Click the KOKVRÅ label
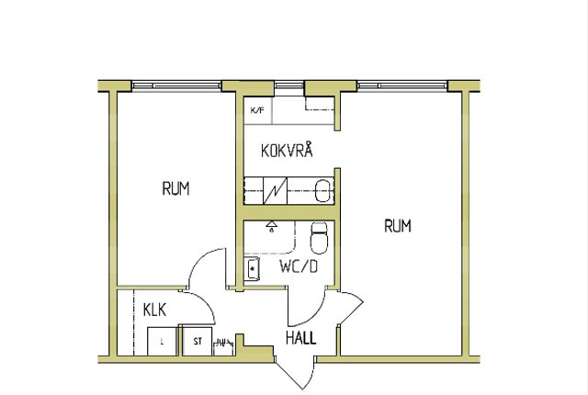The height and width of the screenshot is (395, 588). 287,150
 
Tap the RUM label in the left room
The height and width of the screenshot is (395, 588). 175,188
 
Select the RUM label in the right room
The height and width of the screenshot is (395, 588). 398,226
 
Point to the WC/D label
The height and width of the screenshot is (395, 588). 299,266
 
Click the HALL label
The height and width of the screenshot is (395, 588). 300,338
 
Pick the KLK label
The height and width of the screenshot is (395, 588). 154,310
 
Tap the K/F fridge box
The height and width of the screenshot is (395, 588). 258,110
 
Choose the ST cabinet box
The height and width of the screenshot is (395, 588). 198,342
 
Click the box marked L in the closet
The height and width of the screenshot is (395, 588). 162,342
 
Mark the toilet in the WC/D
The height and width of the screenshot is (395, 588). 319,238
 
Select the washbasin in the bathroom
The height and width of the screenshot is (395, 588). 252,268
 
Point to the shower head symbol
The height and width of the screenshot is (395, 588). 272,226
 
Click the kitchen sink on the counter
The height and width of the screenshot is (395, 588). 322,191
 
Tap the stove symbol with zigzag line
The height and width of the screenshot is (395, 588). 276,191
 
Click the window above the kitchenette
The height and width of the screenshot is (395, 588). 288,85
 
